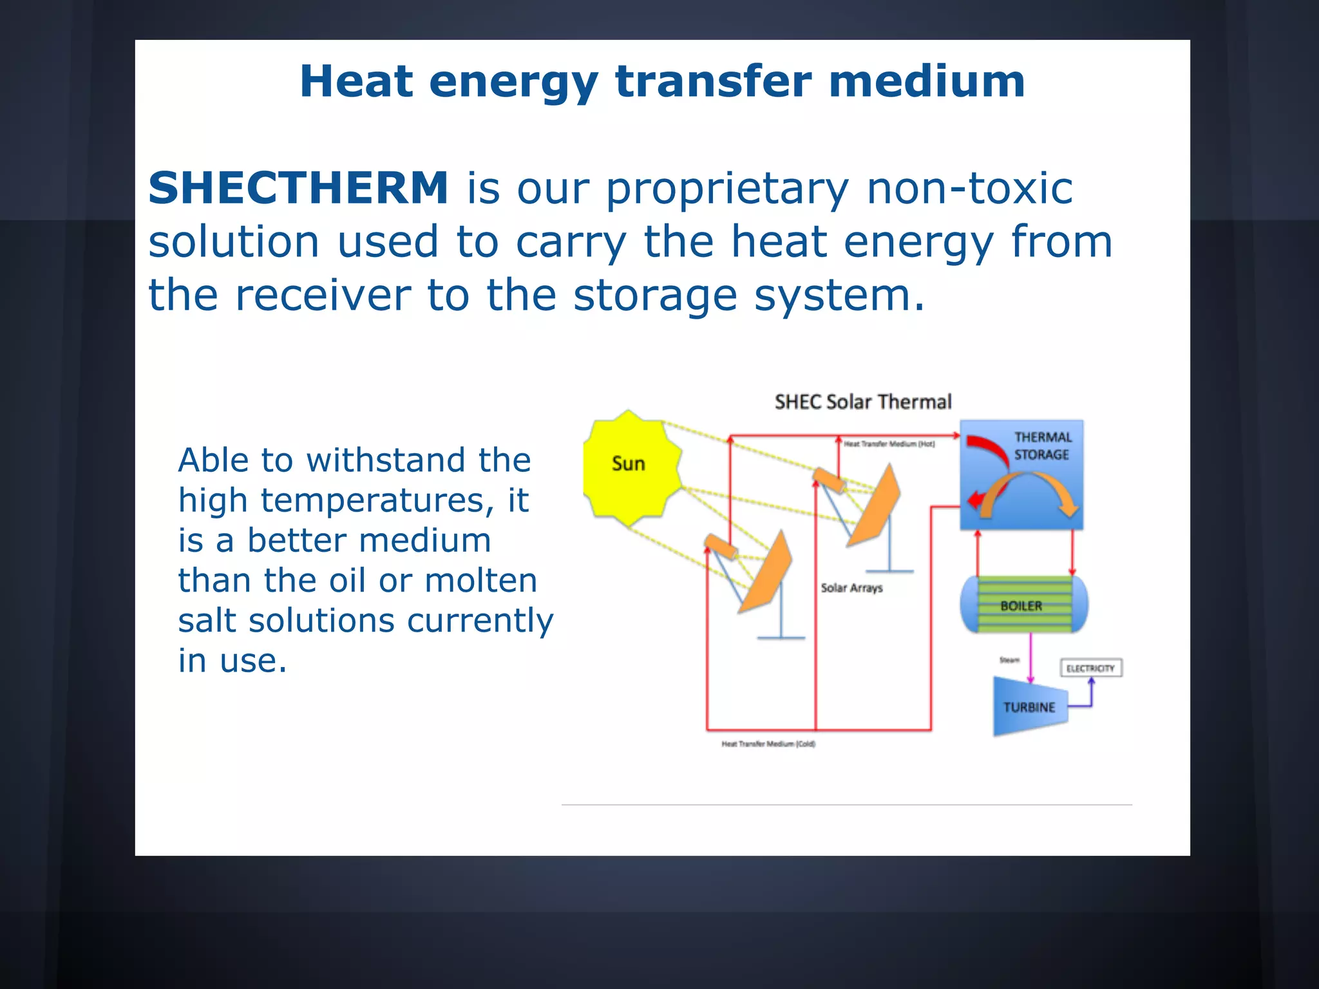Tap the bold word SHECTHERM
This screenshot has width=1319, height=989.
coord(298,188)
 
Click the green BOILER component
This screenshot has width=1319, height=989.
coord(1023,605)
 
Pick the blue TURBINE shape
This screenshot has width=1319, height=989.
coord(1029,707)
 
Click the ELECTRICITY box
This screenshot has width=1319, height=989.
coord(1090,668)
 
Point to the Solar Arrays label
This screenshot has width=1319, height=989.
coord(851,588)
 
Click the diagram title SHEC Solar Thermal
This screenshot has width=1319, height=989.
coord(862,402)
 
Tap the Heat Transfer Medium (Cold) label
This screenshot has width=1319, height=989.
coord(768,744)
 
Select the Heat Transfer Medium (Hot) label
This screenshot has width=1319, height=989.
coord(889,444)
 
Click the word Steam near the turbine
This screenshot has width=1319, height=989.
coord(1009,660)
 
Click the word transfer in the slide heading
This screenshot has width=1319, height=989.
coord(714,82)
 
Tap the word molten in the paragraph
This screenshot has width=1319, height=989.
coord(481,581)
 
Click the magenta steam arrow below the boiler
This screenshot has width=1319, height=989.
coord(1030,657)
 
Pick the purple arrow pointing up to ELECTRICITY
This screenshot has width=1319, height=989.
coord(1091,692)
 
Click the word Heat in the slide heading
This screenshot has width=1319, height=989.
coord(356,82)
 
